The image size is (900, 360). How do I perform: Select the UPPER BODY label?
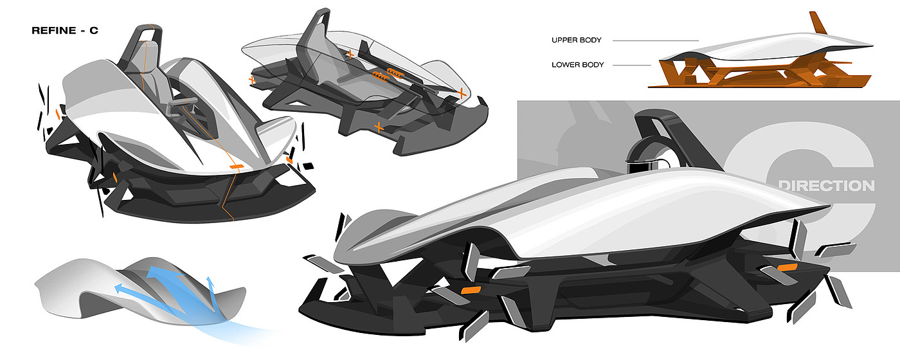576,40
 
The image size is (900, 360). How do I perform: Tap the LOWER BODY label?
577,65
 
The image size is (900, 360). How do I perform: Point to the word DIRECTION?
826,186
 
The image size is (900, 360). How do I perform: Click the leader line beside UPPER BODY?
655,40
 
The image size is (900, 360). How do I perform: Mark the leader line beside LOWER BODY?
631,65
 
